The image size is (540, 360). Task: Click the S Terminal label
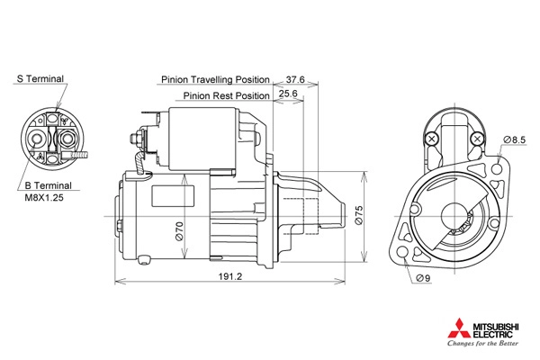pyautogui.click(x=40, y=79)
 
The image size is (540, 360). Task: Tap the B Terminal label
pyautogui.click(x=49, y=185)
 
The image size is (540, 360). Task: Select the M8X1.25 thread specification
pyautogui.click(x=44, y=198)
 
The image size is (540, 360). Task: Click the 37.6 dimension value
pyautogui.click(x=295, y=79)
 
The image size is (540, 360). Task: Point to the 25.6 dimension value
pyautogui.click(x=288, y=94)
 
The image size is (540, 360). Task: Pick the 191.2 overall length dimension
pyautogui.click(x=230, y=276)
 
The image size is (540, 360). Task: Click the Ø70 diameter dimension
pyautogui.click(x=179, y=230)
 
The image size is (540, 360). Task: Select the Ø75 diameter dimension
pyautogui.click(x=358, y=216)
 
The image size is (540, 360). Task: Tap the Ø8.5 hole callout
pyautogui.click(x=514, y=139)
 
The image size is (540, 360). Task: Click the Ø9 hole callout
pyautogui.click(x=423, y=278)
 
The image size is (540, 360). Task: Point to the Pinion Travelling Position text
pyautogui.click(x=216, y=79)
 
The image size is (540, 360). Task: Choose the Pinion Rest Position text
pyautogui.click(x=226, y=95)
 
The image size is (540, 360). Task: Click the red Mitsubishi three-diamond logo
pyautogui.click(x=459, y=328)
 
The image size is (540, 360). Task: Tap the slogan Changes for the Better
pyautogui.click(x=482, y=343)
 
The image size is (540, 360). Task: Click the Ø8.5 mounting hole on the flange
pyautogui.click(x=497, y=169)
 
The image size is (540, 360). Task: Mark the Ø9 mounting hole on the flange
pyautogui.click(x=402, y=252)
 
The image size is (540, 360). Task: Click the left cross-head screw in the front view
pyautogui.click(x=432, y=139)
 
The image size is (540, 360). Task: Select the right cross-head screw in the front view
pyautogui.click(x=477, y=139)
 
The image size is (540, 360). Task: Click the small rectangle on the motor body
pyautogui.click(x=173, y=195)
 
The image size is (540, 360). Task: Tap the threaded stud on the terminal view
pyautogui.click(x=79, y=156)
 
